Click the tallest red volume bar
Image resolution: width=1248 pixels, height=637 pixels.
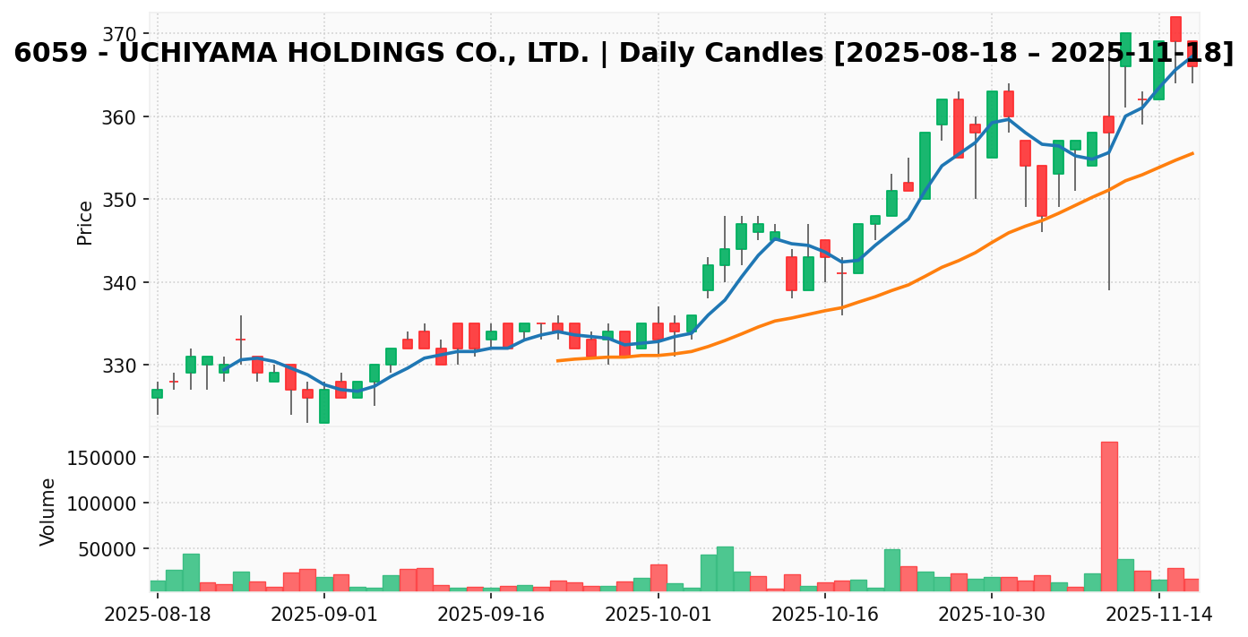[1109, 516]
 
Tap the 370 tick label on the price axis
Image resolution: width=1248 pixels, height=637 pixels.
[118, 34]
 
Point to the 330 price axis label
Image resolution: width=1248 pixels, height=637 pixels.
[118, 366]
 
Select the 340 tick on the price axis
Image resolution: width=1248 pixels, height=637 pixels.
[118, 283]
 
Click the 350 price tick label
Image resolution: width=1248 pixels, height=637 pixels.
[118, 200]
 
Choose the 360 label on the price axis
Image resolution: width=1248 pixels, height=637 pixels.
[118, 117]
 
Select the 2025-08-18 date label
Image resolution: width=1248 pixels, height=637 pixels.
[158, 615]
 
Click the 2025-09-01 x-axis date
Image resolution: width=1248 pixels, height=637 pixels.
[324, 615]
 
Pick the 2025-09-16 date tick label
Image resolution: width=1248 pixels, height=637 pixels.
[491, 615]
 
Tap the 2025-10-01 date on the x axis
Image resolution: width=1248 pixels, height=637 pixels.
[658, 615]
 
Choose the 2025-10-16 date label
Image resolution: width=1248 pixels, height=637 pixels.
[824, 615]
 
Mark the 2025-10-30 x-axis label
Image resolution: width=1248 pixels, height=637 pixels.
[992, 615]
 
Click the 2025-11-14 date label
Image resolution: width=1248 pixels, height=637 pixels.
[1158, 615]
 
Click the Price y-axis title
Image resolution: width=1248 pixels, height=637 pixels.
[85, 222]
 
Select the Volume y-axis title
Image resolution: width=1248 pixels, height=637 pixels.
[48, 512]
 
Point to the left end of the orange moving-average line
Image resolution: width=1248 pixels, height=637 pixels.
[557, 360]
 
